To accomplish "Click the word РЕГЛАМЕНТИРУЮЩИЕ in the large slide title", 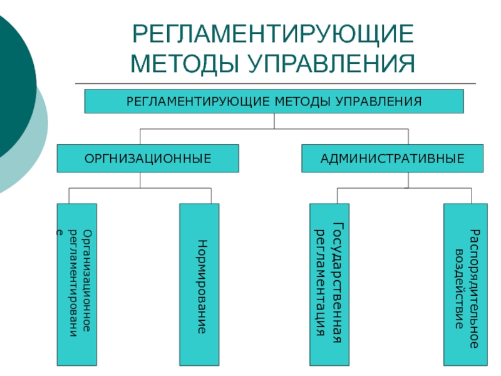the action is pos(273,34).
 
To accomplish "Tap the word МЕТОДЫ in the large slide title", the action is pos(184,63).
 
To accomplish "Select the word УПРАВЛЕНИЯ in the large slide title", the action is pos(331,63).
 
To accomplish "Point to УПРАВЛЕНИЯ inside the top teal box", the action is pos(379,102).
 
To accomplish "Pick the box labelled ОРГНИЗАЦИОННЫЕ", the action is pos(148,159).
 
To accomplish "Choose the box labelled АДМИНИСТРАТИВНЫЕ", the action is pos(393,159).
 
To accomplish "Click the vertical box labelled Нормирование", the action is pos(199,285).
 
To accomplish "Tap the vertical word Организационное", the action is pos(87,280).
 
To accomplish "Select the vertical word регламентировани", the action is pos(73,283).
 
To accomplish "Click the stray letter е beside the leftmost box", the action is pos(58,232).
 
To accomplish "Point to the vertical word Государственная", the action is pos(338,283).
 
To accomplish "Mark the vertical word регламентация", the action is pos(320,283).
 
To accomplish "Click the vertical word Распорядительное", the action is pos(474,289).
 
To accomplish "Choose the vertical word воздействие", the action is pos(459,289).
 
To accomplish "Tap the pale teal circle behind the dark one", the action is pos(38,144).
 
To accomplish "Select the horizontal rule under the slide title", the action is pos(276,83).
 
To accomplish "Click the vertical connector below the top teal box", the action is pos(274,121).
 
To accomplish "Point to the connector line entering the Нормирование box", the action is pos(211,196).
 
